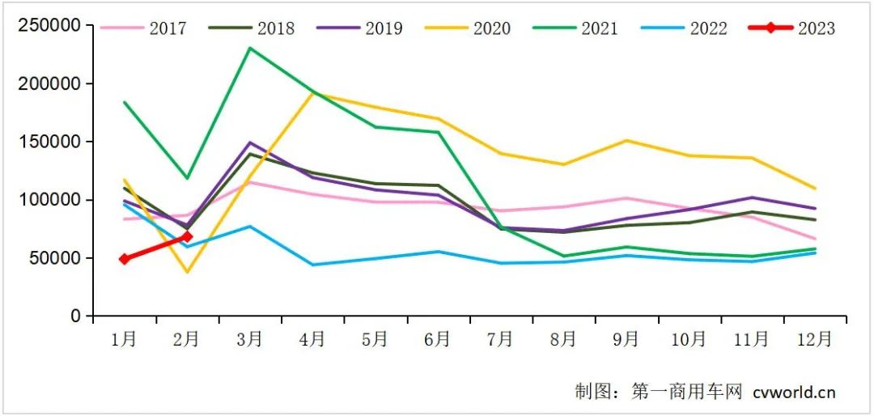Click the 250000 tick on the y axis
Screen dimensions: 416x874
pos(49,25)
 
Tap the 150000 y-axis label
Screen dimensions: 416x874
pos(49,142)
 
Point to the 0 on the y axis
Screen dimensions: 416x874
pos(76,316)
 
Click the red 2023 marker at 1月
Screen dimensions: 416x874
pos(125,259)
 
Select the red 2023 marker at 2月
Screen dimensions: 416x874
pos(187,236)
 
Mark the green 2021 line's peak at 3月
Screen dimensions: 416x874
pos(250,48)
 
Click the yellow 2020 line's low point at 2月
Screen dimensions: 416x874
pos(188,272)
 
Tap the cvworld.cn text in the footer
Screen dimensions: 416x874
pos(793,393)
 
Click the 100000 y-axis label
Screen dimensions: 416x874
pos(49,200)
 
